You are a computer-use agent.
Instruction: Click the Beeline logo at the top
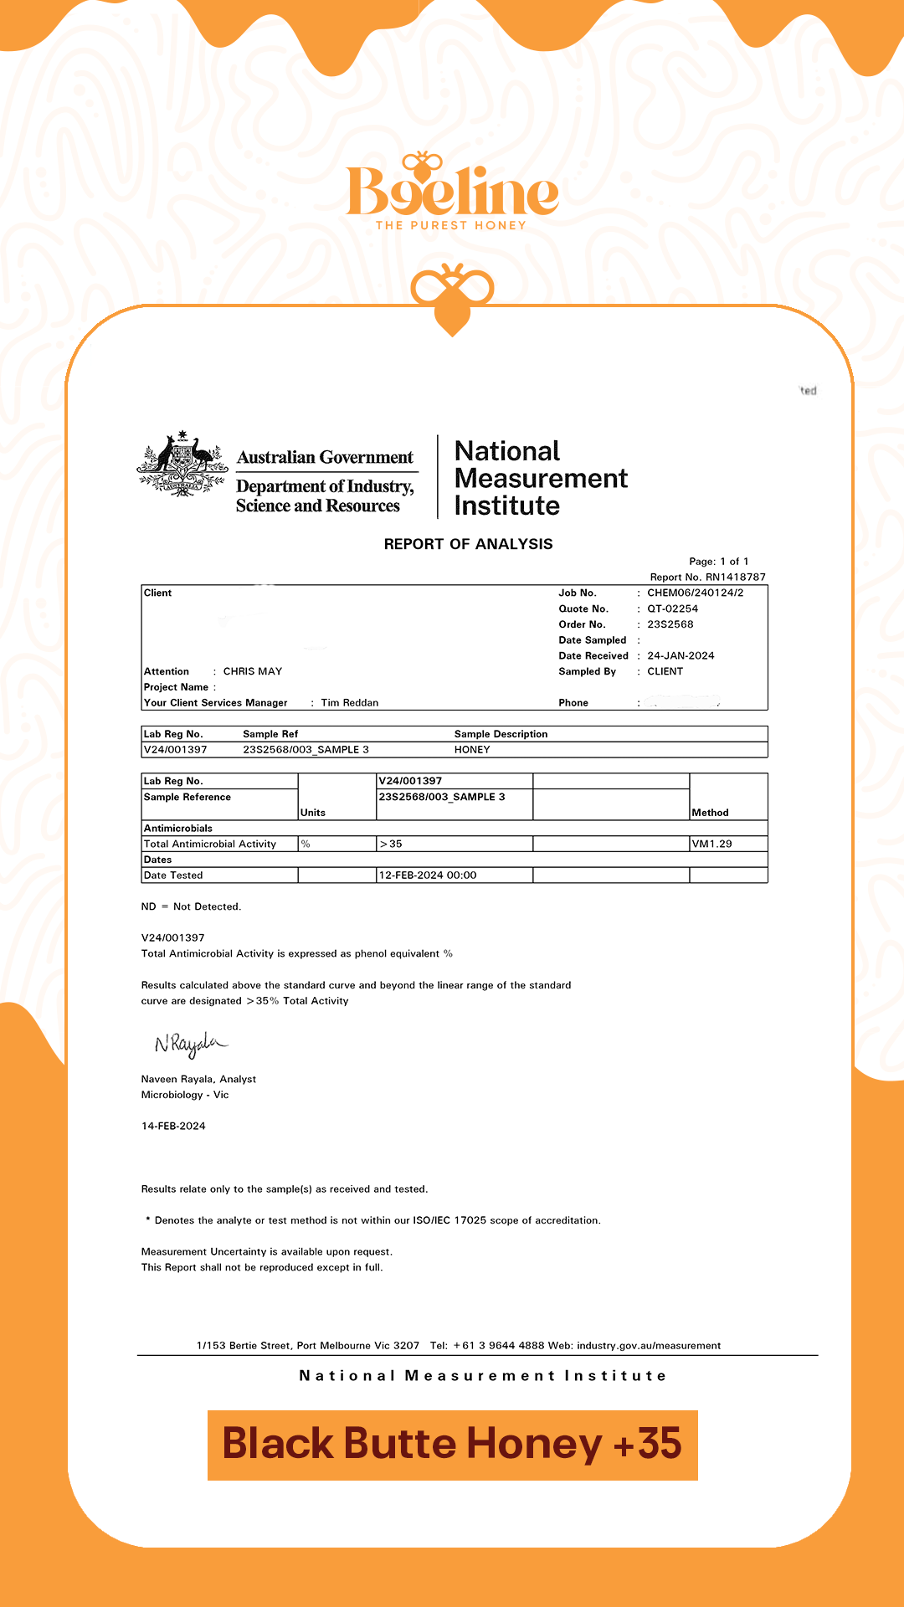(452, 191)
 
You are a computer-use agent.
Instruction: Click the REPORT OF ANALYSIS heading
(468, 544)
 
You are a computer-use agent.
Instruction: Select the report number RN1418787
(735, 577)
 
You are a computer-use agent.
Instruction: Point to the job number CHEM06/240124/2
(695, 593)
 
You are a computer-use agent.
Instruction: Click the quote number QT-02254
(672, 608)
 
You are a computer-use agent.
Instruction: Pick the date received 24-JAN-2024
(681, 655)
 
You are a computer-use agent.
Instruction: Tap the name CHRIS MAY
(253, 671)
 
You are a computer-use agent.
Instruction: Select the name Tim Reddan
(350, 703)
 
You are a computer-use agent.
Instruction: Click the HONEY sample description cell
(472, 750)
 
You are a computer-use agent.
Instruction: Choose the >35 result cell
(391, 844)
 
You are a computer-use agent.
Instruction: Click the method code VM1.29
(711, 844)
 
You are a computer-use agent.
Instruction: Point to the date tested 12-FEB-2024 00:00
(428, 875)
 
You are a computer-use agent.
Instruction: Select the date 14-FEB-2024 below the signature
(173, 1126)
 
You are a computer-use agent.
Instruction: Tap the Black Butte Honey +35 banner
(452, 1445)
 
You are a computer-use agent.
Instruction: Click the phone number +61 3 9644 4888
(499, 1346)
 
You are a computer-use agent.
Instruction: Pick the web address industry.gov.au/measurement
(648, 1346)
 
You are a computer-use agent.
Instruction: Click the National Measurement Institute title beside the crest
(540, 478)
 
